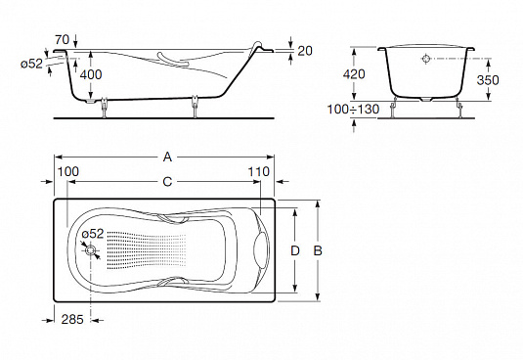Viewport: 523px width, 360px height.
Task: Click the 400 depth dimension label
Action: (x=91, y=74)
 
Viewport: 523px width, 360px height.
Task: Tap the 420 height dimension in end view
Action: (x=354, y=74)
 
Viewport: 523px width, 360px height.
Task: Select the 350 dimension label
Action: (x=488, y=80)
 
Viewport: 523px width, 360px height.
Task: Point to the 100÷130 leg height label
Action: (x=353, y=110)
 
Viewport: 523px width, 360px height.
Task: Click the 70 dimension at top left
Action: (x=63, y=40)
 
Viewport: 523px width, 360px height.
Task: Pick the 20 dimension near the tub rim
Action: (x=305, y=51)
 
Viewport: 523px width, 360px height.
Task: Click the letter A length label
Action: (x=167, y=157)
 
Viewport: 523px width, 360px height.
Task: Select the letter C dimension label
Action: (x=167, y=182)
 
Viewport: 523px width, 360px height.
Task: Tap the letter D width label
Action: (x=295, y=250)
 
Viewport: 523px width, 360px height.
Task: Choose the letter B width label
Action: (x=318, y=250)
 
